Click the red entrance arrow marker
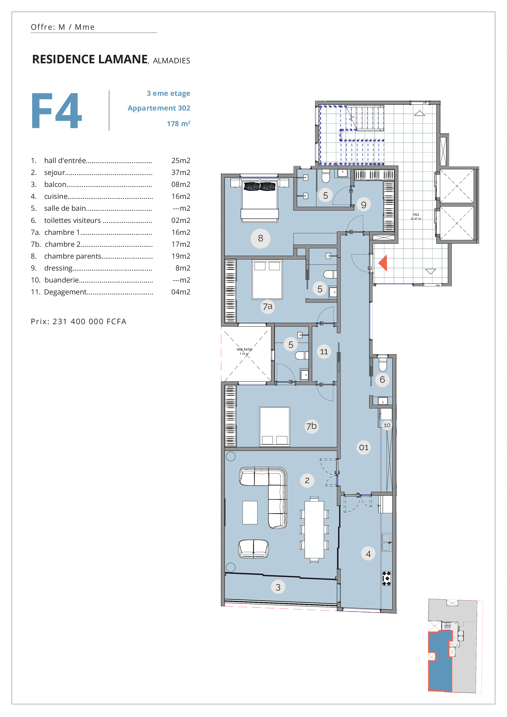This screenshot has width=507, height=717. click(384, 263)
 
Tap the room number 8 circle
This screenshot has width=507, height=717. click(260, 238)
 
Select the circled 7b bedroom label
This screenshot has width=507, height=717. click(311, 426)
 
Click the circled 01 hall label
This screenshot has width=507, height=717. click(364, 448)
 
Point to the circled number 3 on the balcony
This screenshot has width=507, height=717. click(278, 587)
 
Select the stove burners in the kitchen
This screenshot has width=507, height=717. click(386, 578)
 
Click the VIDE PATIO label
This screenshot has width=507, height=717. click(244, 350)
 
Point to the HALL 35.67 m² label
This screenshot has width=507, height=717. click(416, 216)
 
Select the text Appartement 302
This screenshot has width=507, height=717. click(159, 108)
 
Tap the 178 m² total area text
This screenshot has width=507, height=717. click(179, 124)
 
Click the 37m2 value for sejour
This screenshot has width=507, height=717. click(181, 172)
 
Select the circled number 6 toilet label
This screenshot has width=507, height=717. click(382, 380)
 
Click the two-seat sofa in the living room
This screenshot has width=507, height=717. click(254, 549)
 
